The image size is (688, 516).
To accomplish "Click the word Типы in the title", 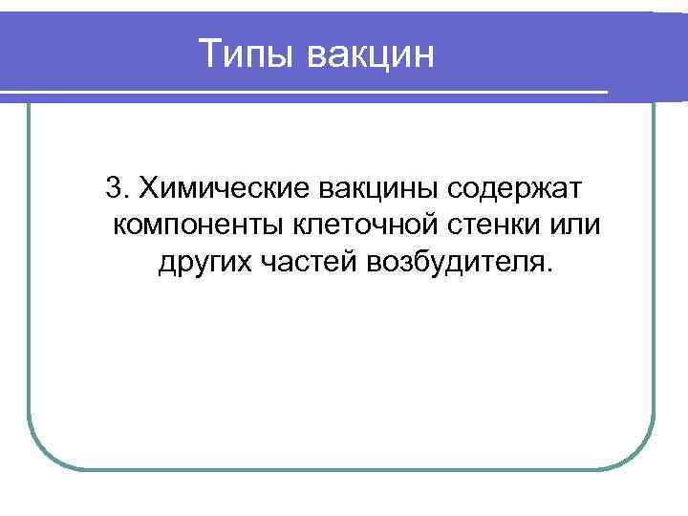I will (248, 54).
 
